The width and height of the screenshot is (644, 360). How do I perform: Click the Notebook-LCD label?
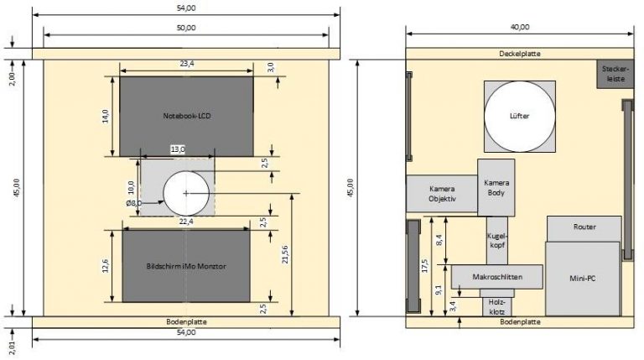(x=187, y=116)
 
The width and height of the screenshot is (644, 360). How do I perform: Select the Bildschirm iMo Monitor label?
(x=186, y=266)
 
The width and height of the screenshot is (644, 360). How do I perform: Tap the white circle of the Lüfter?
(x=520, y=117)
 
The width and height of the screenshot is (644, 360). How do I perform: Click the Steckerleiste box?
(x=615, y=74)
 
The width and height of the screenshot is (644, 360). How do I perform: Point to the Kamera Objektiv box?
(x=442, y=194)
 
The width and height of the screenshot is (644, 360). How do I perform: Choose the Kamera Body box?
(x=496, y=187)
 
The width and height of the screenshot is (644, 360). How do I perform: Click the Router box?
(x=584, y=229)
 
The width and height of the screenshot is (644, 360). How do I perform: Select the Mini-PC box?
(x=583, y=279)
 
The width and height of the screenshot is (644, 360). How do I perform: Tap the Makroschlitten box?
(x=497, y=277)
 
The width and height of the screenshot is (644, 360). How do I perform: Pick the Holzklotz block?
(x=497, y=306)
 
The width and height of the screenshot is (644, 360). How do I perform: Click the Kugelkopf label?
(x=497, y=240)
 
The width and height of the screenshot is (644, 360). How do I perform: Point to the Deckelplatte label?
(x=520, y=54)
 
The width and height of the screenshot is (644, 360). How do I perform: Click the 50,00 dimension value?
(x=186, y=28)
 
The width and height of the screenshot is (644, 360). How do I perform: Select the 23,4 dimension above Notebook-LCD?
(x=187, y=64)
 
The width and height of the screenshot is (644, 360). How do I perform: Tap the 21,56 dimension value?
(x=285, y=255)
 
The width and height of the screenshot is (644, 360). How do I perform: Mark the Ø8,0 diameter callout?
(x=134, y=202)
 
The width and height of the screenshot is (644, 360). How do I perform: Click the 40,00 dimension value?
(x=520, y=27)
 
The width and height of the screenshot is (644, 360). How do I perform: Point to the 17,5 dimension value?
(x=424, y=265)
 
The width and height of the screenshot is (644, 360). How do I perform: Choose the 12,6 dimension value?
(x=106, y=266)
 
